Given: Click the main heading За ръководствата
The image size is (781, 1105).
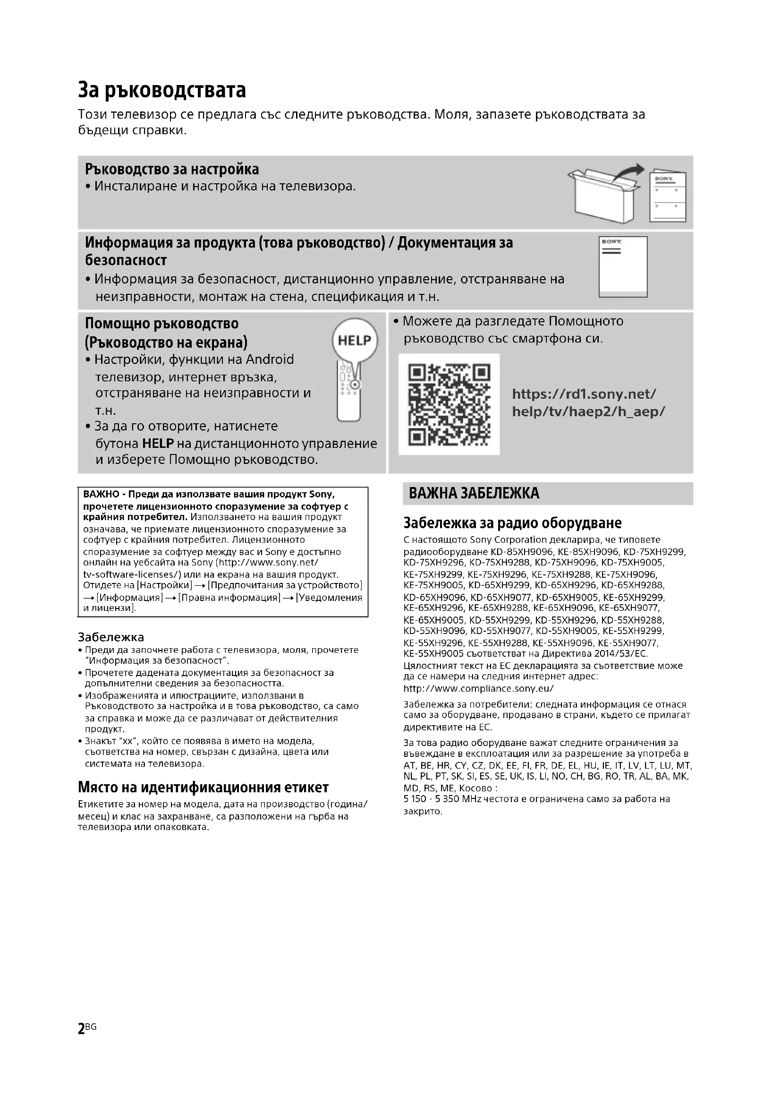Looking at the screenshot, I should (161, 90).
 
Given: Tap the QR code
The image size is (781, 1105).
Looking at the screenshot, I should (449, 404).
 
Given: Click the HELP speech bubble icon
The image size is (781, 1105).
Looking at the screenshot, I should (355, 341).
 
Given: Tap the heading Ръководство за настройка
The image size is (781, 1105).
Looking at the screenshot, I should (172, 170).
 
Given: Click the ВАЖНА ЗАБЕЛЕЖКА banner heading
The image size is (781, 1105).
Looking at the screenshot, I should (474, 493).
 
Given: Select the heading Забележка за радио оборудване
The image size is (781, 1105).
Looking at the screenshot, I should (512, 523).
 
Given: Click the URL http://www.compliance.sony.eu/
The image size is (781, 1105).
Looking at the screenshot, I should (478, 688).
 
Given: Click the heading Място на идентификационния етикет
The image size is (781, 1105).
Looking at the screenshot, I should (203, 788).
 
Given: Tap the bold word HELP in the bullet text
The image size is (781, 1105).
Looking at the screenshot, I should (158, 443).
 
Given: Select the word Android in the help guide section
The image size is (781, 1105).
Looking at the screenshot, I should (269, 360).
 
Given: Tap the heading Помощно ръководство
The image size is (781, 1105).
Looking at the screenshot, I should (161, 324).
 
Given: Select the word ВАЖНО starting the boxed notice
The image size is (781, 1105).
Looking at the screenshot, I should (101, 494).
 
